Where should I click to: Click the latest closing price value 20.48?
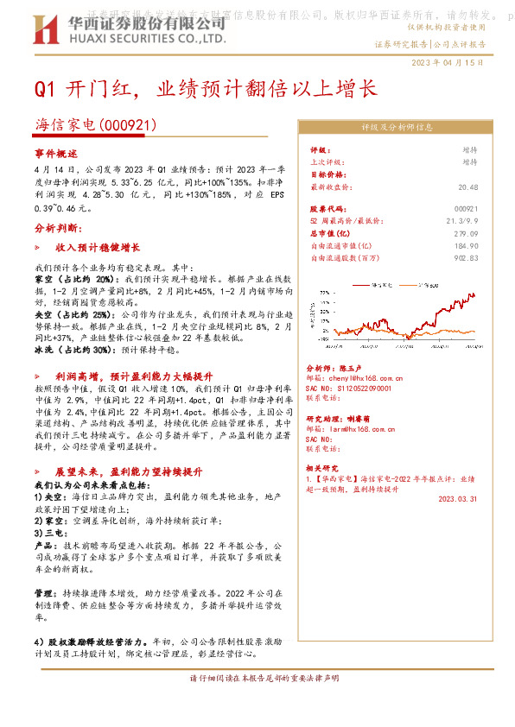pos(467,186)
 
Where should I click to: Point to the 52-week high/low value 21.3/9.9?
pos(461,221)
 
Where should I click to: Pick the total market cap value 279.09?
pos(465,233)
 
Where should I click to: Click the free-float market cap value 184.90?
pos(465,245)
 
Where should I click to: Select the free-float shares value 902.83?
pos(465,257)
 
